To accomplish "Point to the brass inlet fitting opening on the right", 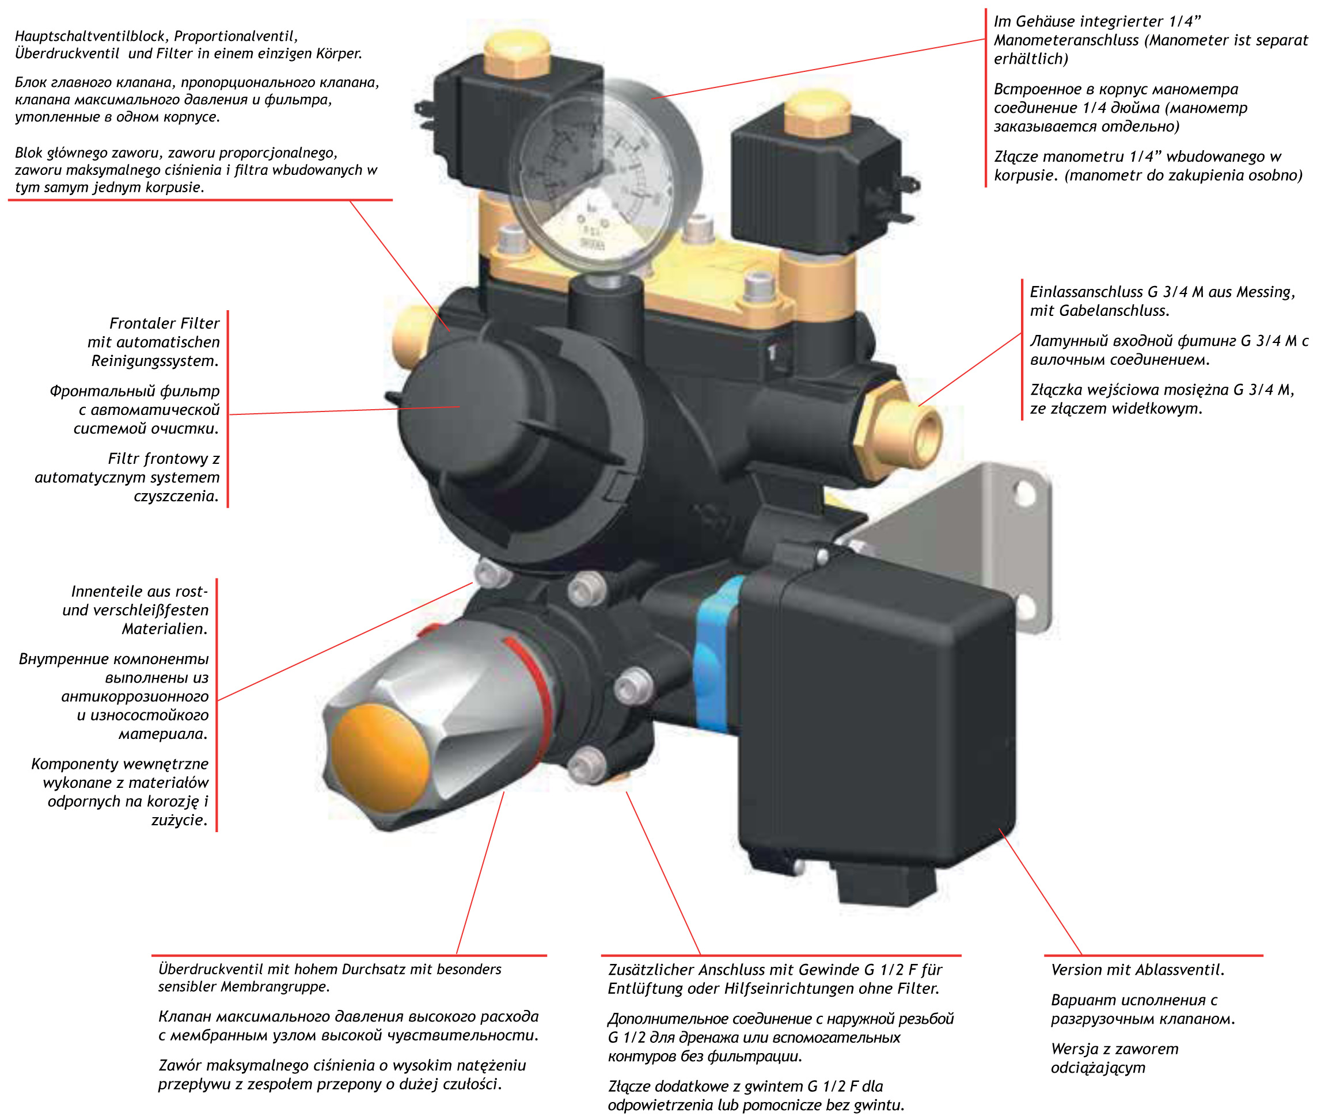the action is (x=922, y=436).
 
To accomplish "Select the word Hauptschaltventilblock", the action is (x=91, y=36).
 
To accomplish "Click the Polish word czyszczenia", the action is (x=176, y=496).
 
